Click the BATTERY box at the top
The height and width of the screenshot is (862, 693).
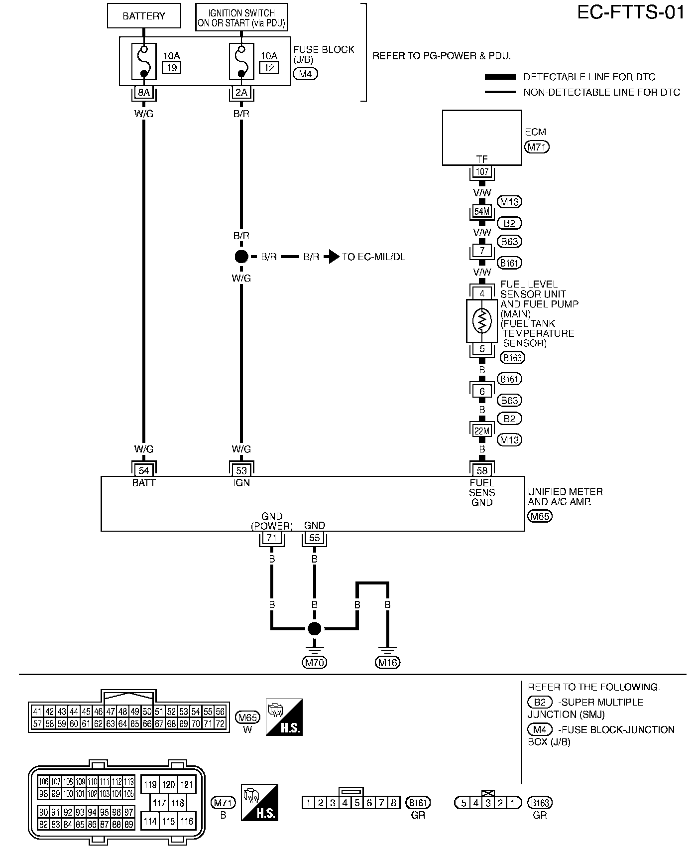[143, 16]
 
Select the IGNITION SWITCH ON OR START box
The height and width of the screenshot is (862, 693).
[241, 18]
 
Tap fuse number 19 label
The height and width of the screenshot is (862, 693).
[172, 68]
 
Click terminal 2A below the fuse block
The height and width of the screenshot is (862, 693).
[241, 92]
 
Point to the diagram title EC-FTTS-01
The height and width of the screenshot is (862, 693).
[631, 13]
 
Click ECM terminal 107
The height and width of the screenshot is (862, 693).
[482, 172]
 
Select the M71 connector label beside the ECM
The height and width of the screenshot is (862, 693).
[537, 147]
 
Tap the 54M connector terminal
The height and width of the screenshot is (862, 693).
[482, 211]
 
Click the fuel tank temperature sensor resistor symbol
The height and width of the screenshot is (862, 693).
[481, 321]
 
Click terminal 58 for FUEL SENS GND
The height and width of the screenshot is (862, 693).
[482, 470]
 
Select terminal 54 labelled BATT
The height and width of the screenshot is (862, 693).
[144, 470]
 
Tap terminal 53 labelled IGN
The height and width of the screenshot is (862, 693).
[241, 470]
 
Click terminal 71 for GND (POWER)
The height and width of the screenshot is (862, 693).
[272, 538]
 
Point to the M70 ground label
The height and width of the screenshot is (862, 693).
[314, 662]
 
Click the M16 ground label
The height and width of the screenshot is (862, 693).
[387, 662]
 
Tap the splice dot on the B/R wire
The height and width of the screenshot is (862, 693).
[241, 257]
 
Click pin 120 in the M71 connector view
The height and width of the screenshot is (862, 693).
[169, 785]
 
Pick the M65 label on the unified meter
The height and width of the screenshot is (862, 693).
[540, 516]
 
